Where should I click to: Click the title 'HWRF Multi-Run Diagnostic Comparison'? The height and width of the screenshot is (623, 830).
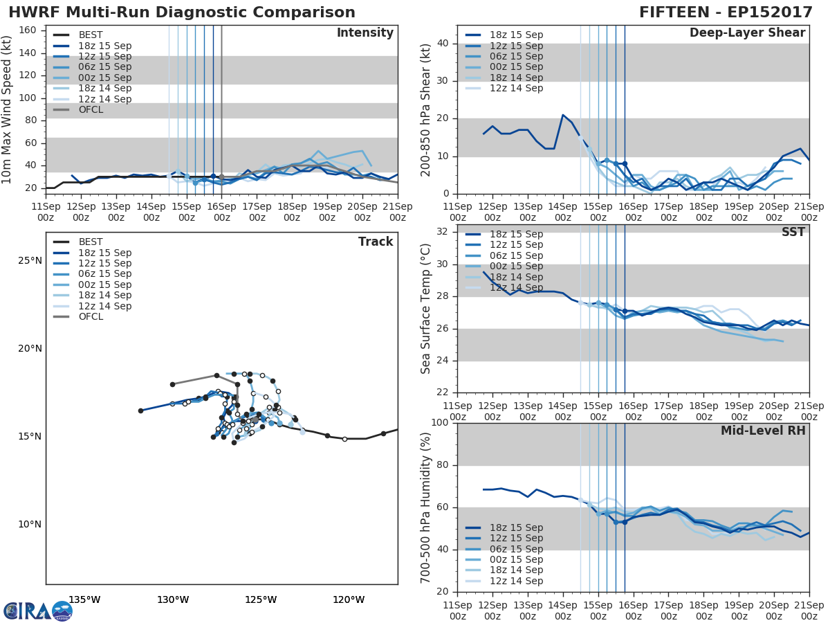pyautogui.click(x=182, y=12)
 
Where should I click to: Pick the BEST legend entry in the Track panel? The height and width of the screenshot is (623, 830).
pyautogui.click(x=91, y=242)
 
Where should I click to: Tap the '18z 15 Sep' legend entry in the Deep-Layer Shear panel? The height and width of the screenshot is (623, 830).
pyautogui.click(x=515, y=35)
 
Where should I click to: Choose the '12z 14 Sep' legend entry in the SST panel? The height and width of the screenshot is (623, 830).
pyautogui.click(x=515, y=288)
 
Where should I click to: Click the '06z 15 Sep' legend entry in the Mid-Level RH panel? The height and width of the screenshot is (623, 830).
pyautogui.click(x=515, y=549)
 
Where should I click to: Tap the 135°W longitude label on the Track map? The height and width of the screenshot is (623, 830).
pyautogui.click(x=84, y=599)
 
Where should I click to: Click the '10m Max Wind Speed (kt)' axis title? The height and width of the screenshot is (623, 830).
pyautogui.click(x=8, y=111)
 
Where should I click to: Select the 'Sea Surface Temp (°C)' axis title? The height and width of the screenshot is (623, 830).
pyautogui.click(x=426, y=309)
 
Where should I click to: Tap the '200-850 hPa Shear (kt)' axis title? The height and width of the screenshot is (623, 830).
pyautogui.click(x=426, y=109)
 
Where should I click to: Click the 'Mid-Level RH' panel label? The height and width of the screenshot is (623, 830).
pyautogui.click(x=763, y=431)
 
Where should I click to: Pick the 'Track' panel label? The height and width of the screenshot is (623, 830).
pyautogui.click(x=376, y=242)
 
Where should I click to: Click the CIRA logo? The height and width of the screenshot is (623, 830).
pyautogui.click(x=37, y=611)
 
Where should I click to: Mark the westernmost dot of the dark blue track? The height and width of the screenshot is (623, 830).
pyautogui.click(x=140, y=410)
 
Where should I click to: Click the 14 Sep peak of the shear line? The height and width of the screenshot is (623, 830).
pyautogui.click(x=563, y=115)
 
